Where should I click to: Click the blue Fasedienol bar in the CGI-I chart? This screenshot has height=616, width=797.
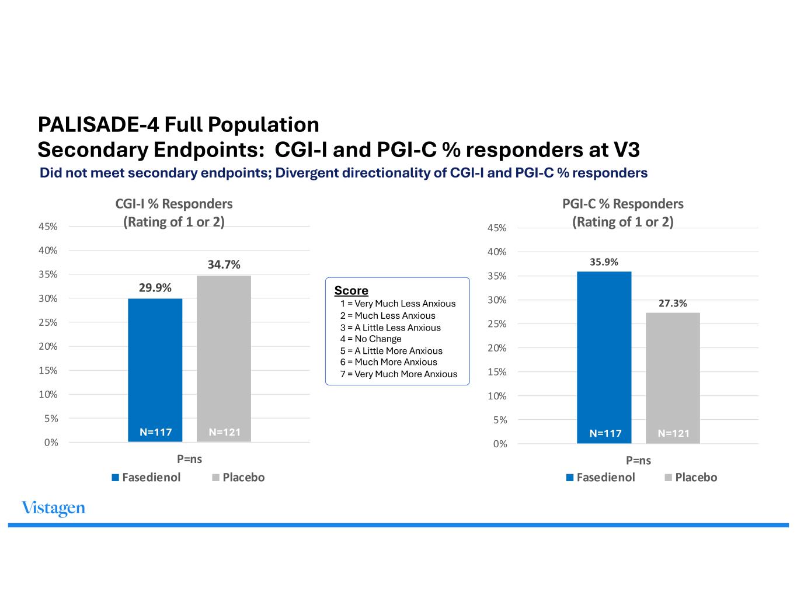pos(155,370)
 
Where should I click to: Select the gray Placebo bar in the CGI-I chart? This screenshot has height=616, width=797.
pos(224,359)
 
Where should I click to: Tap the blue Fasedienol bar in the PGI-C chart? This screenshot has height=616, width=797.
pos(604,357)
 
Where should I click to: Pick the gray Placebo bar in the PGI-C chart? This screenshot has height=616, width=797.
pos(673,378)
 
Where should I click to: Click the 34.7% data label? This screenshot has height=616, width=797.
pos(224,265)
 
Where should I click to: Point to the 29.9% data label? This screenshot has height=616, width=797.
pos(155,288)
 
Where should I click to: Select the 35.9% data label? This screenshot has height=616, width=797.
pos(604,262)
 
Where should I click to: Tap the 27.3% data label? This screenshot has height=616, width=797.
pos(673,303)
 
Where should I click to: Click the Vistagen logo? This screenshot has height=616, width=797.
pos(54,509)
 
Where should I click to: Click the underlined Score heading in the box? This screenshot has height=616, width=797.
pos(351,290)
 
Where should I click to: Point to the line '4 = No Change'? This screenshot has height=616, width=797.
pos(370,339)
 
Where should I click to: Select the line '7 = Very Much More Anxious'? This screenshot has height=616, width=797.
pos(399,374)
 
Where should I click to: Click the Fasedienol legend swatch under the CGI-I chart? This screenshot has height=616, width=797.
pos(115,478)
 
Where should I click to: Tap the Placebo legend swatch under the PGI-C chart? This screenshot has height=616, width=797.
pos(669,478)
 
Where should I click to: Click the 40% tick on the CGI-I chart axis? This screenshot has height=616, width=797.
pos(48,250)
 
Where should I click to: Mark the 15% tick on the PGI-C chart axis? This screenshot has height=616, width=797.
pos(497,372)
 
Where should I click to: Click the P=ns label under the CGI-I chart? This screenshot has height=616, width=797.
pos(189,459)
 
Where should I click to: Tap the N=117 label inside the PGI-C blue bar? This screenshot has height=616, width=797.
pos(605,433)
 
